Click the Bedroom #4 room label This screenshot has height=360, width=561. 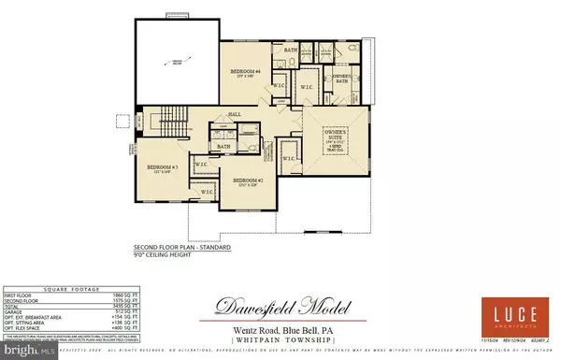248,72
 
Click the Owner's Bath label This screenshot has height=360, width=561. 344,78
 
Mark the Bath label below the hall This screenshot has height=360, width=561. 224,146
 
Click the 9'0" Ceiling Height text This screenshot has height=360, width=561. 176,254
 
